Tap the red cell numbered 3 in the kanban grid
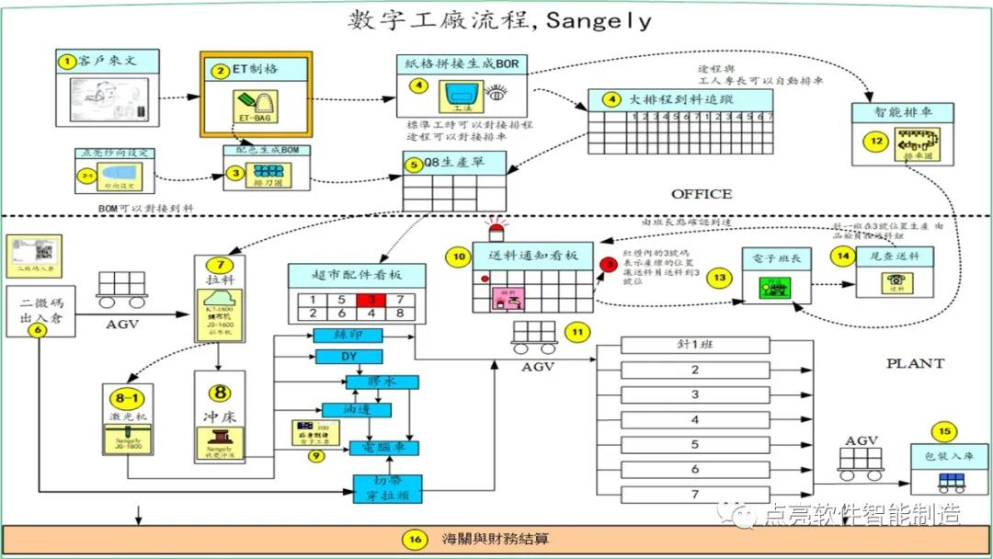(371, 300)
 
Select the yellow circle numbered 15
(942, 431)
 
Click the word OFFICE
(702, 194)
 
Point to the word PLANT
(915, 363)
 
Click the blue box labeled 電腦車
(385, 448)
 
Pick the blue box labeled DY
(348, 357)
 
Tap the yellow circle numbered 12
(877, 141)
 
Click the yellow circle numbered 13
(720, 276)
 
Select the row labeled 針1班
(694, 346)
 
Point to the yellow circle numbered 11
(576, 332)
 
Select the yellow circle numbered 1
(66, 62)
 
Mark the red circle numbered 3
(608, 266)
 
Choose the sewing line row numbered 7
(695, 495)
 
